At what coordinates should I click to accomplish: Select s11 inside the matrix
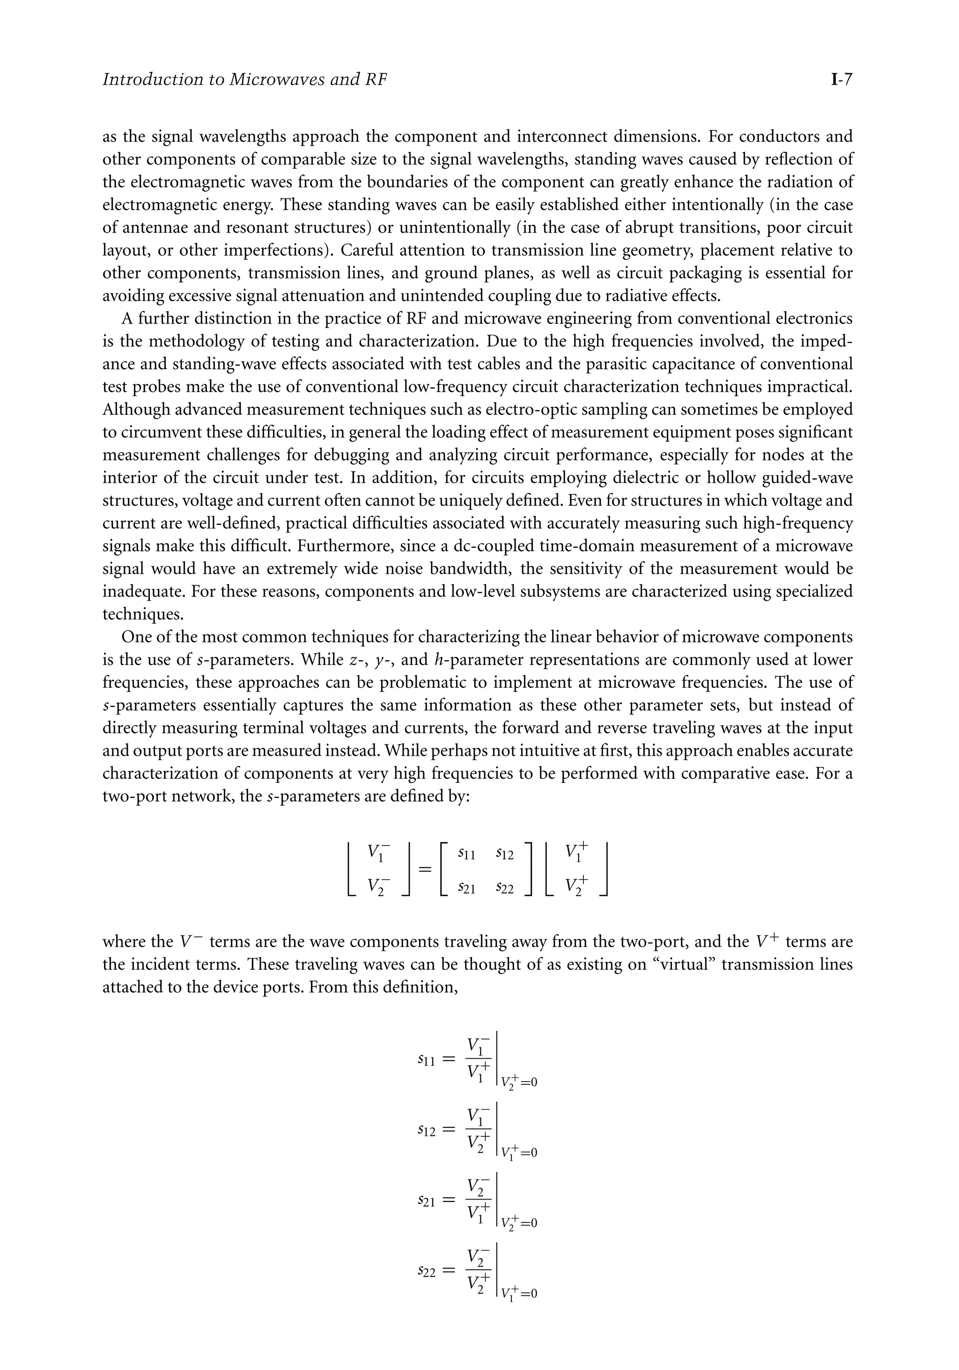point(466,854)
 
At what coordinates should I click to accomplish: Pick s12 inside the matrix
point(504,854)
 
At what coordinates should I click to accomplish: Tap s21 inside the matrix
point(466,889)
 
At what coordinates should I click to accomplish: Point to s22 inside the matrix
point(504,889)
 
